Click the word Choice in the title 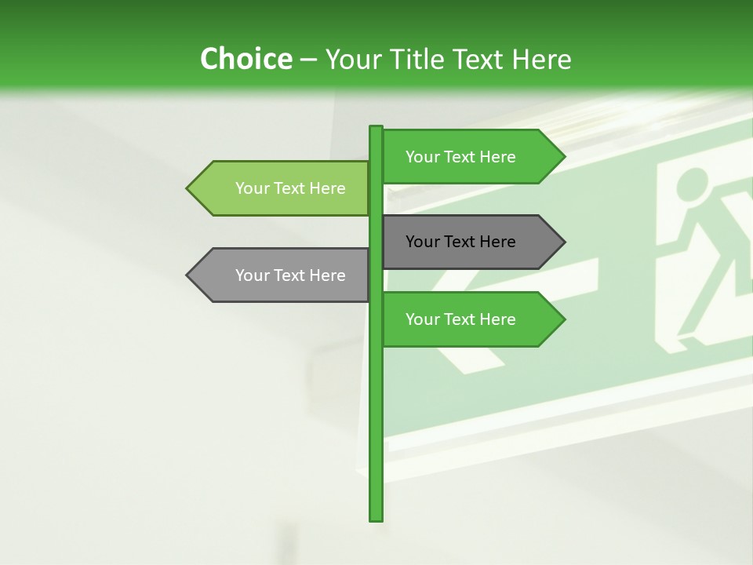246,60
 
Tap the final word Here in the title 541,60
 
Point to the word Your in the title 353,60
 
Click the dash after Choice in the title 309,60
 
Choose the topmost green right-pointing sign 471,157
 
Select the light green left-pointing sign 282,188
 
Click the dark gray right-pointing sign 471,242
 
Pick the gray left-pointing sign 282,275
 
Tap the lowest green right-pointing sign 471,319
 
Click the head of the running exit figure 690,186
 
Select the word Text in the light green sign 289,188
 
